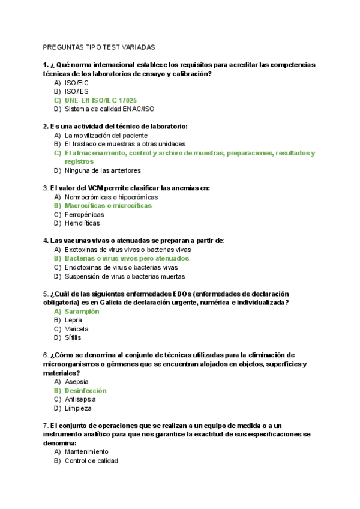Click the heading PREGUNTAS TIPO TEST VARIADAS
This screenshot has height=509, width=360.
click(99, 46)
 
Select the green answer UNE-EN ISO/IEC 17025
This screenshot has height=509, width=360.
click(100, 100)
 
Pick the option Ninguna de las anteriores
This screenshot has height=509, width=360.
click(103, 170)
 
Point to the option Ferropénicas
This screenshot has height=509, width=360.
click(84, 214)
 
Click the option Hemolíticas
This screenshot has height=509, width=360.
click(82, 223)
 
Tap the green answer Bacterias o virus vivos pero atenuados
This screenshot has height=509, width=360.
click(127, 258)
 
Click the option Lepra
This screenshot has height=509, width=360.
click(73, 320)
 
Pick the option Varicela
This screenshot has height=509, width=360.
click(76, 329)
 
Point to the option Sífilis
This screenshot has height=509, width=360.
click(73, 338)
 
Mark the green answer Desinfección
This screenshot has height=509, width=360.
click(85, 390)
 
